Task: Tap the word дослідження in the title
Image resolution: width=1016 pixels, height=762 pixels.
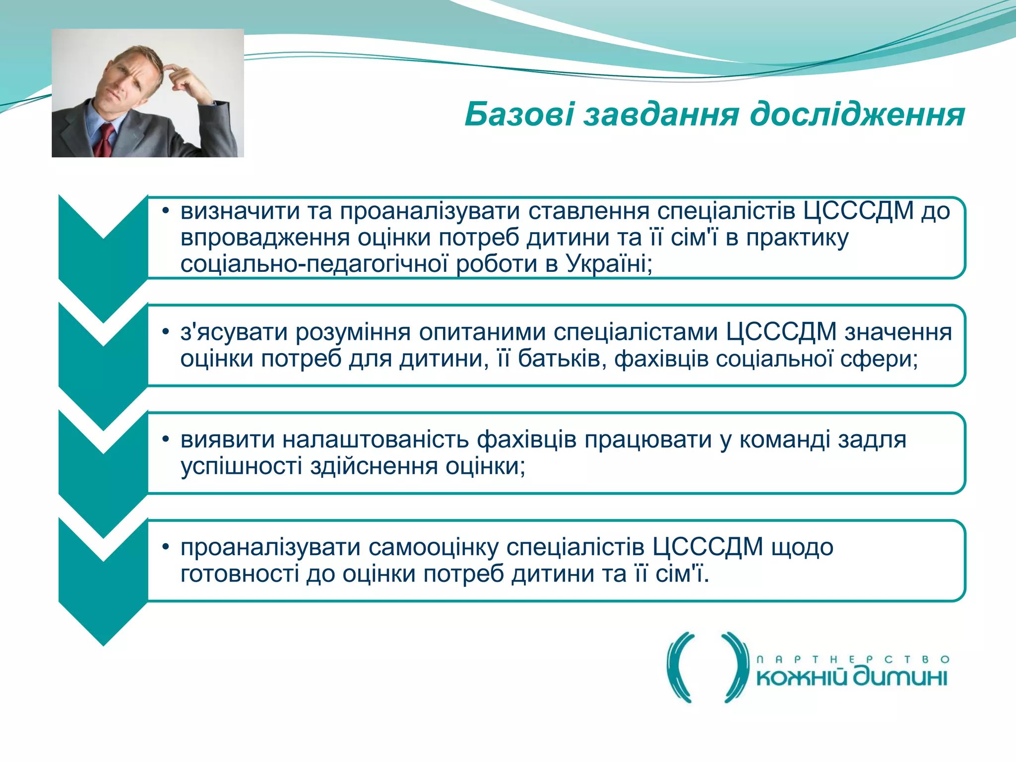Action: [x=857, y=115]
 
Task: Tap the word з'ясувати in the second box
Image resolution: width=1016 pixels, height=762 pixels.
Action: [x=234, y=332]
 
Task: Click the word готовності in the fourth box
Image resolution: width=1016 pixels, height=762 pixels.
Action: [x=240, y=574]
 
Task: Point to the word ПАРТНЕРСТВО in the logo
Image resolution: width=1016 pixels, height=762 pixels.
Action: [x=852, y=659]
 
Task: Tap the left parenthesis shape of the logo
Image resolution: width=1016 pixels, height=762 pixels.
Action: [x=680, y=667]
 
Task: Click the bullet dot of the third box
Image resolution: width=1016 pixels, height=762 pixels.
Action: [x=166, y=439]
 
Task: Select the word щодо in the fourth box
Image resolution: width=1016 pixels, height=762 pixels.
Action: [x=802, y=547]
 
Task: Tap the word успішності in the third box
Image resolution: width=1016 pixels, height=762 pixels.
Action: [x=241, y=466]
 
